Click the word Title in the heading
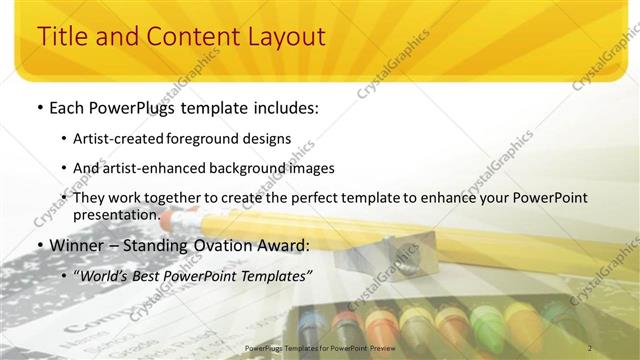(62, 37)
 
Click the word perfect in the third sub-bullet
(305, 198)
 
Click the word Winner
(79, 244)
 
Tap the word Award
(286, 244)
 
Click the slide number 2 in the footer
(590, 348)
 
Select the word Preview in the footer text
(380, 348)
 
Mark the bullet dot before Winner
(39, 245)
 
